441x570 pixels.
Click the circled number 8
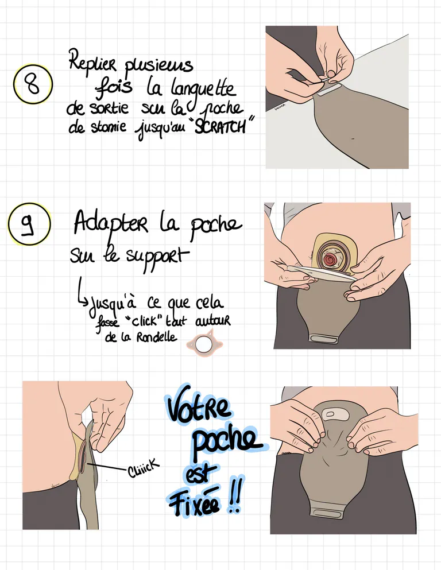click(33, 84)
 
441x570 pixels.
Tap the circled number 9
click(29, 224)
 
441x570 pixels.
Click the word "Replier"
click(93, 61)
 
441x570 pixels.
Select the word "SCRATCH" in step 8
click(220, 126)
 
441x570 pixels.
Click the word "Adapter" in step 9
click(111, 223)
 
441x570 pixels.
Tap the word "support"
click(157, 257)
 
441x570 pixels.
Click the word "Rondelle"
click(157, 338)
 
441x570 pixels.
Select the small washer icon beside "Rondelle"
click(204, 343)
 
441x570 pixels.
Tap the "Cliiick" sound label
click(143, 467)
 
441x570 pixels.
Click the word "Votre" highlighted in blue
click(199, 405)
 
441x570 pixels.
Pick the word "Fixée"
click(194, 502)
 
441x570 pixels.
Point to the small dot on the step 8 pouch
click(353, 138)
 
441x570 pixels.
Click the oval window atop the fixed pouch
click(331, 414)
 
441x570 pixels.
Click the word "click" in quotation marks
click(143, 321)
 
